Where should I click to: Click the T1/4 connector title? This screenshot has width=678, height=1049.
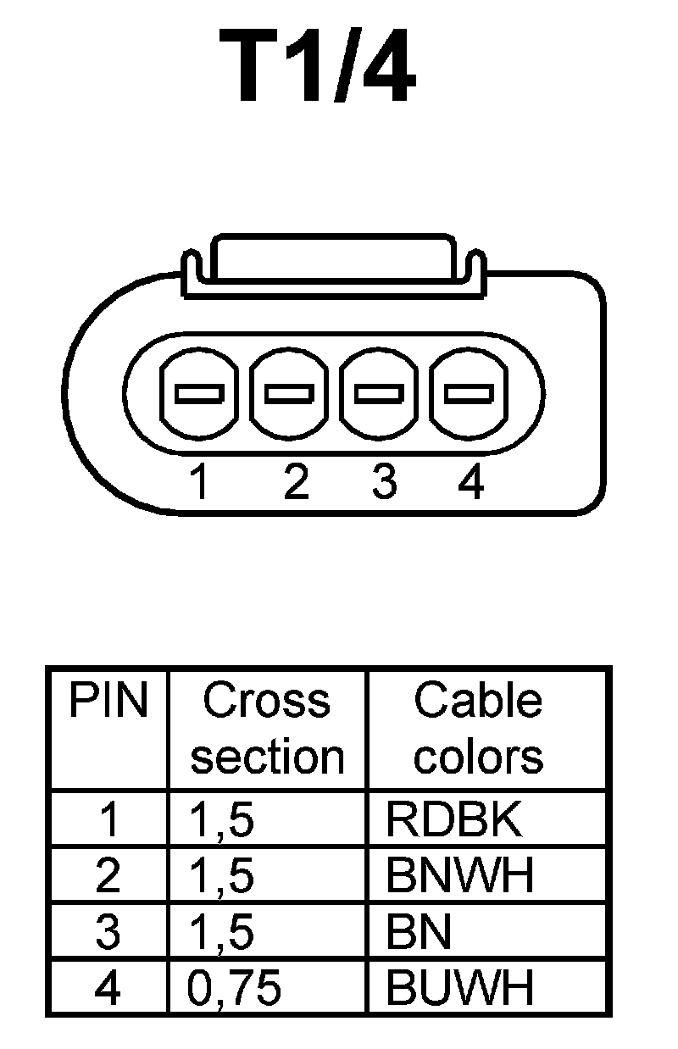tap(318, 67)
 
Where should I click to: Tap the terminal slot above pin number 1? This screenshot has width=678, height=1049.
tap(198, 393)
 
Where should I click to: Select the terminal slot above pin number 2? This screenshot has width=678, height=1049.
tap(289, 393)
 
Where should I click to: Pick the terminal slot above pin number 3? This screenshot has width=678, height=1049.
tap(379, 393)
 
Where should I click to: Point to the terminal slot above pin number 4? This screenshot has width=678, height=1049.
tap(470, 393)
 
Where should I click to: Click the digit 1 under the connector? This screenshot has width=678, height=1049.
tap(199, 483)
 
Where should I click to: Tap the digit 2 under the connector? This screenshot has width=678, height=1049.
tap(295, 483)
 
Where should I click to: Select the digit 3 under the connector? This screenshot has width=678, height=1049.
tap(384, 483)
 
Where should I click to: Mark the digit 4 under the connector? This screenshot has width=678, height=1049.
tap(470, 483)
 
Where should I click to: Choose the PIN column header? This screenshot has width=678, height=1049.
tap(108, 702)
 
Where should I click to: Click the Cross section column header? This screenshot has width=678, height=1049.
tap(267, 729)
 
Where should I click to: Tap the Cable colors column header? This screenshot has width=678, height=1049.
tap(478, 729)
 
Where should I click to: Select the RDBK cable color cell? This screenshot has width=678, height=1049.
tap(454, 819)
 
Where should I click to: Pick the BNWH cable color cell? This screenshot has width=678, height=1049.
tap(460, 876)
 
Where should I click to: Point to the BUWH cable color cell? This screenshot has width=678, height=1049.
tap(460, 987)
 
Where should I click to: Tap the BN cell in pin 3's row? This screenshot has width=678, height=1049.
tap(419, 932)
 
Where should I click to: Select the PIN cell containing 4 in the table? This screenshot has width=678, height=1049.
tap(108, 987)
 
